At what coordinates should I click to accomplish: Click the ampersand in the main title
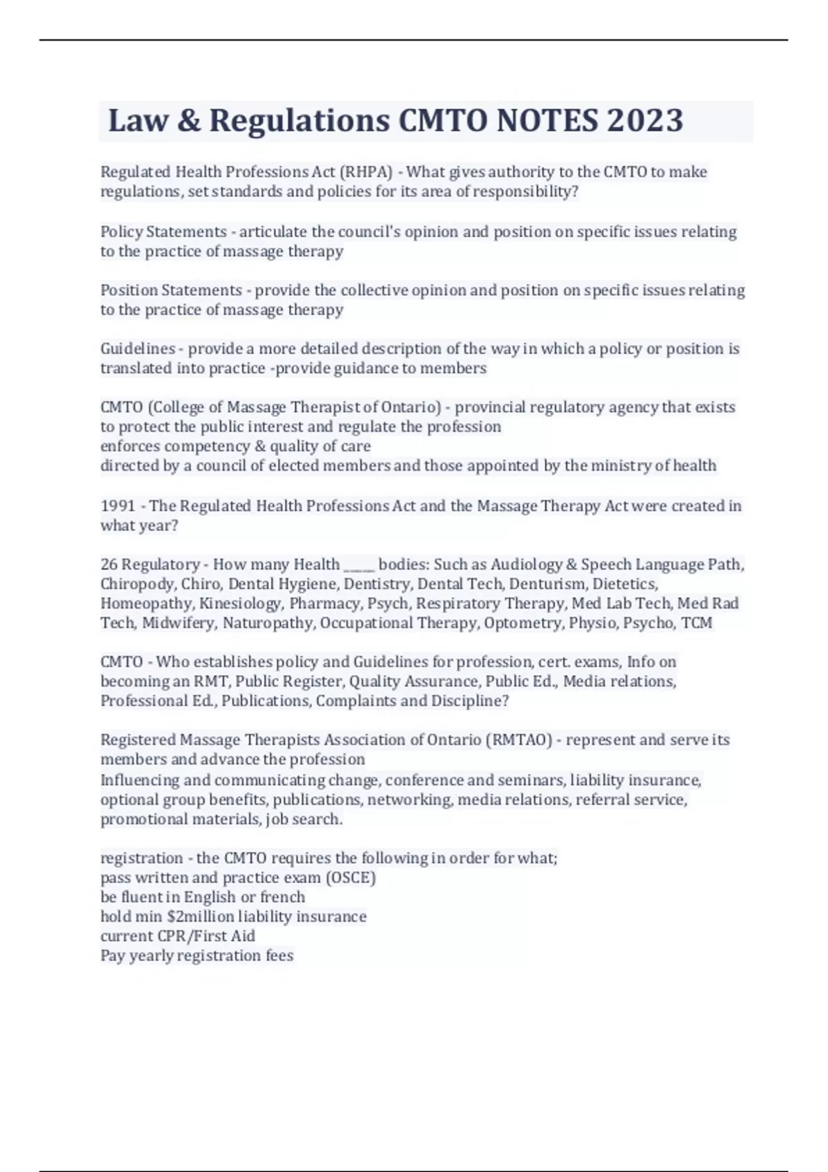click(188, 121)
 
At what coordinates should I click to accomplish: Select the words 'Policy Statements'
click(164, 232)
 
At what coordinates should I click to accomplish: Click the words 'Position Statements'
click(171, 290)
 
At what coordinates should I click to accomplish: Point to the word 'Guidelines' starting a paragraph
click(137, 349)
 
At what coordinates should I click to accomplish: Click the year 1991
click(118, 506)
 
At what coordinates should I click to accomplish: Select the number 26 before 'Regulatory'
click(109, 565)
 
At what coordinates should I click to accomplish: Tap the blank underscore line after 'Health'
click(359, 566)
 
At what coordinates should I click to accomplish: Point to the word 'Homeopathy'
click(146, 604)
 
